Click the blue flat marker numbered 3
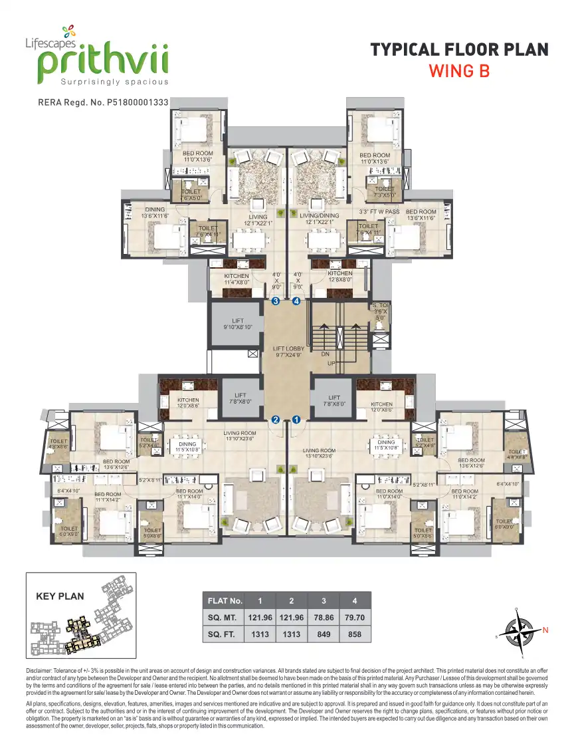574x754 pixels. click(276, 301)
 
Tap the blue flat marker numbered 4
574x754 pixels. click(296, 301)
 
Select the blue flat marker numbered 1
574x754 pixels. click(296, 420)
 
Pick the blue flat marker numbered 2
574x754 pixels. click(276, 420)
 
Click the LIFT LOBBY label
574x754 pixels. click(289, 352)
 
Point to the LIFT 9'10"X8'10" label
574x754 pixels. click(237, 324)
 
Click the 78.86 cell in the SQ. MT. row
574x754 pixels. click(323, 618)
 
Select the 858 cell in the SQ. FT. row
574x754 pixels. click(355, 634)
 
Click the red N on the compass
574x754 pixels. click(545, 630)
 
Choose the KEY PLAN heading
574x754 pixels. click(60, 596)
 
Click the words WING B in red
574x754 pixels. click(459, 70)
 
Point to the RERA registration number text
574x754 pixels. click(104, 103)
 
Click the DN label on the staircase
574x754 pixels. click(326, 354)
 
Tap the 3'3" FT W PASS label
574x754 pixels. click(379, 212)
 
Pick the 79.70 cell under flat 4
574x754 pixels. click(355, 618)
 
